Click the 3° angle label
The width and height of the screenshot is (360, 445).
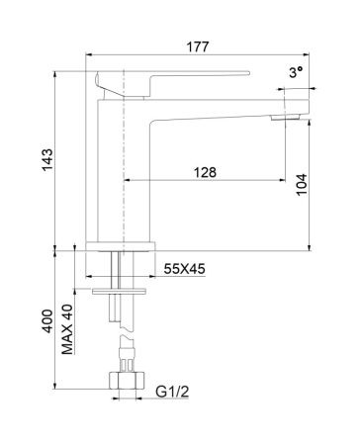[x=294, y=73]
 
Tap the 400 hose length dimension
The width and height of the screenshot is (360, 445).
[x=46, y=320]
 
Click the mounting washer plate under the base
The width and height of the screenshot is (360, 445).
[x=120, y=293]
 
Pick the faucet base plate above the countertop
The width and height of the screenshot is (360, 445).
[x=120, y=242]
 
